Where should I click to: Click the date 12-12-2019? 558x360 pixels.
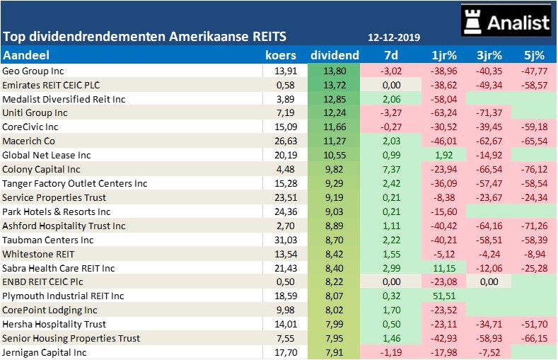point(394,37)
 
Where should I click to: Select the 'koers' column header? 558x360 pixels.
point(281,55)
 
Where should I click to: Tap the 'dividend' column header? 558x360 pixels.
point(335,55)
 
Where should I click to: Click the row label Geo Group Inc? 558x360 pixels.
point(33,71)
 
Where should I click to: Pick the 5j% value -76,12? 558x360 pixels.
point(533,170)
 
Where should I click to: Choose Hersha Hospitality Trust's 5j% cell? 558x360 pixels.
point(533,325)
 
